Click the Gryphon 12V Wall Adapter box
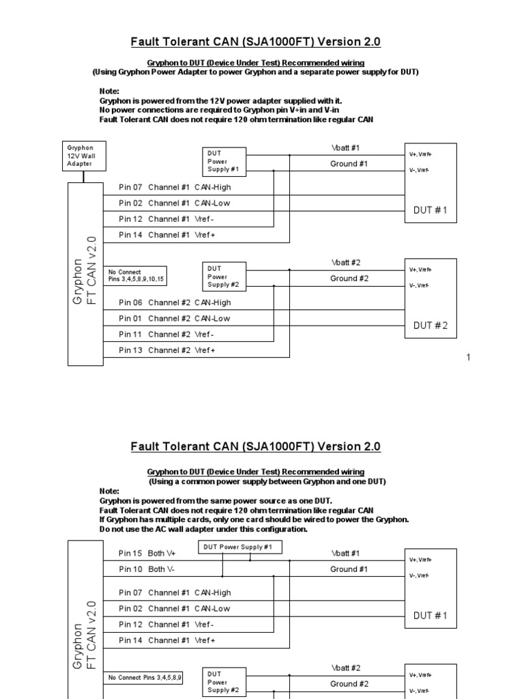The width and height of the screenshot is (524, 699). click(x=84, y=155)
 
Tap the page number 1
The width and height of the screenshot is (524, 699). click(x=469, y=358)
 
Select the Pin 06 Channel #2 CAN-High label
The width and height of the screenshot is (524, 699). click(x=175, y=302)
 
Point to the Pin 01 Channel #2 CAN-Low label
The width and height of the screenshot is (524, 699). click(x=175, y=318)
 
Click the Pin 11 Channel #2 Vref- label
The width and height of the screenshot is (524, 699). click(x=166, y=334)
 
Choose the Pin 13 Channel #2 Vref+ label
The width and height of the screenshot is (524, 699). click(x=167, y=350)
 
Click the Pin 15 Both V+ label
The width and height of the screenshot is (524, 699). click(x=147, y=554)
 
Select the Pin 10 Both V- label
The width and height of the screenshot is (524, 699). click(x=147, y=569)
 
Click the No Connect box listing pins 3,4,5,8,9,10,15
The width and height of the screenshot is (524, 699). click(x=136, y=276)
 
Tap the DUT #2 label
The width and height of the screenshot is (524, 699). click(x=431, y=326)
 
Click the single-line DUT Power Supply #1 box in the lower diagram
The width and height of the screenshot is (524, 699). click(x=239, y=547)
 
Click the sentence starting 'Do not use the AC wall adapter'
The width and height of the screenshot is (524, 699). click(x=203, y=530)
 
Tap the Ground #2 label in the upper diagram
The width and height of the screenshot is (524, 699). click(x=349, y=279)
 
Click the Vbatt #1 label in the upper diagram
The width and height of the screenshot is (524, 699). click(x=346, y=147)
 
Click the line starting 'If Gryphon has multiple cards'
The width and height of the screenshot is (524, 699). click(x=254, y=520)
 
